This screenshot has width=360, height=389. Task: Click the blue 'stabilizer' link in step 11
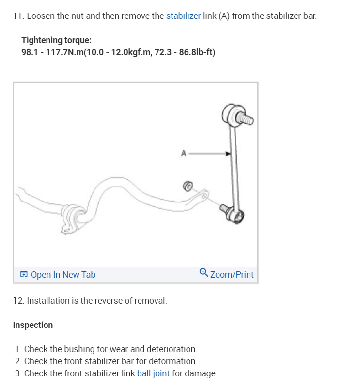(x=183, y=16)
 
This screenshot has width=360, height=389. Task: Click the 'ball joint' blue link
(x=153, y=373)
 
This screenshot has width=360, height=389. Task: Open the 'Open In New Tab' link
(x=63, y=275)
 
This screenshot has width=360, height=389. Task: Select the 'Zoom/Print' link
(x=232, y=275)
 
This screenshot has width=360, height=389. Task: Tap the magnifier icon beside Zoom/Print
(x=204, y=273)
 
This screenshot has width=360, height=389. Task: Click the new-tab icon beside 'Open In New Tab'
(x=24, y=275)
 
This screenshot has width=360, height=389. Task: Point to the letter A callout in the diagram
(x=184, y=154)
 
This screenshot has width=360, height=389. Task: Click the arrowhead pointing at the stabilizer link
(x=228, y=154)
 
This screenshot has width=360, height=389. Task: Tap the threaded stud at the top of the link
(x=246, y=118)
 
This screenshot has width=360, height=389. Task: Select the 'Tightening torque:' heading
(x=56, y=40)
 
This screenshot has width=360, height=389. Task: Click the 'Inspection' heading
(x=33, y=325)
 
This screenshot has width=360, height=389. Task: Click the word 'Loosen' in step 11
(x=40, y=16)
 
